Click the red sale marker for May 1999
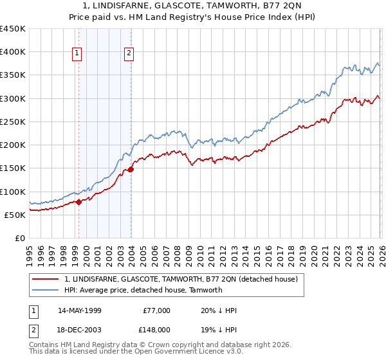click(78, 202)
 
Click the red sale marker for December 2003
click(131, 169)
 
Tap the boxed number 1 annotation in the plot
click(77, 53)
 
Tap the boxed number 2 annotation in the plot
click(129, 53)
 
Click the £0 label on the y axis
click(20, 238)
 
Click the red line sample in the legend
click(46, 280)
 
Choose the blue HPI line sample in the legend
click(46, 290)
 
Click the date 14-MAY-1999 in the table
click(79, 310)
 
